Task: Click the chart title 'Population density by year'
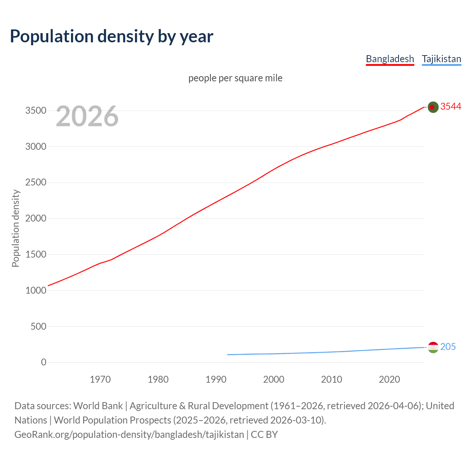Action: point(111,36)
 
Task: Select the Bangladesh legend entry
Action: point(390,59)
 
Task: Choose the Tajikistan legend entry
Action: point(441,59)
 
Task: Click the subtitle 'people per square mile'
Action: point(235,78)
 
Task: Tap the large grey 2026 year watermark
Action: point(87,116)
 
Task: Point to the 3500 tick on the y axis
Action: point(36,111)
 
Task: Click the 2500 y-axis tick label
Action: point(36,183)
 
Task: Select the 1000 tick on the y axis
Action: point(36,290)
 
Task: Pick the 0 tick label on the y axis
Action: point(44,362)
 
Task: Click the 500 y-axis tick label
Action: point(38,326)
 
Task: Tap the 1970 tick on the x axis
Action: point(100,379)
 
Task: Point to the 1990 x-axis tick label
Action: point(216,379)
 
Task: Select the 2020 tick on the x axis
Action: point(389,379)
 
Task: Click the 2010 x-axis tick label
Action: point(332,379)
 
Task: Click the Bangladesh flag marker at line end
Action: point(433,107)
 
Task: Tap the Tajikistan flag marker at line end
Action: point(433,347)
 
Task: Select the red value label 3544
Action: point(451,106)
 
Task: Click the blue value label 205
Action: point(448,347)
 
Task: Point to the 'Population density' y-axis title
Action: point(15,228)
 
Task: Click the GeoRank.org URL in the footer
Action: point(129,435)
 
